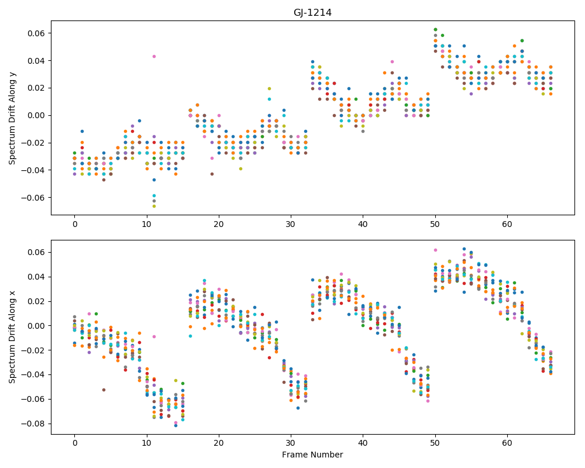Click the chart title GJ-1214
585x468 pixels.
312,13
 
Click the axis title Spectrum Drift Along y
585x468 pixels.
12,118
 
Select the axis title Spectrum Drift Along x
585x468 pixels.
12,337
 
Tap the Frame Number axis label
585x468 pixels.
312,455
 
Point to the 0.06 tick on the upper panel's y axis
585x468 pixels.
36,33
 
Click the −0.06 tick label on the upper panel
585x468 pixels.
33,197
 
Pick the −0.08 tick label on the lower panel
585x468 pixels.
33,424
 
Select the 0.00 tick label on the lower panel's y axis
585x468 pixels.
36,326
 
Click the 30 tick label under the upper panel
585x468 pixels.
291,224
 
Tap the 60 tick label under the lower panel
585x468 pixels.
507,443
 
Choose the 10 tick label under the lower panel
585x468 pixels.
147,443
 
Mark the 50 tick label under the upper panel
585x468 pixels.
435,224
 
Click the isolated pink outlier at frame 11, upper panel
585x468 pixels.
154,56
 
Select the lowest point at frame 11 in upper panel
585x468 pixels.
154,206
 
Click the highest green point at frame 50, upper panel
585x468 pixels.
435,29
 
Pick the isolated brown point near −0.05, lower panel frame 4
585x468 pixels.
104,390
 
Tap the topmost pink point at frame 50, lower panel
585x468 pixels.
435,250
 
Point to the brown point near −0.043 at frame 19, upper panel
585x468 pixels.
212,174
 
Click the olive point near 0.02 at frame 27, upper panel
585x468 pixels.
269,88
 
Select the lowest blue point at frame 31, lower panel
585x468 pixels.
298,408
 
